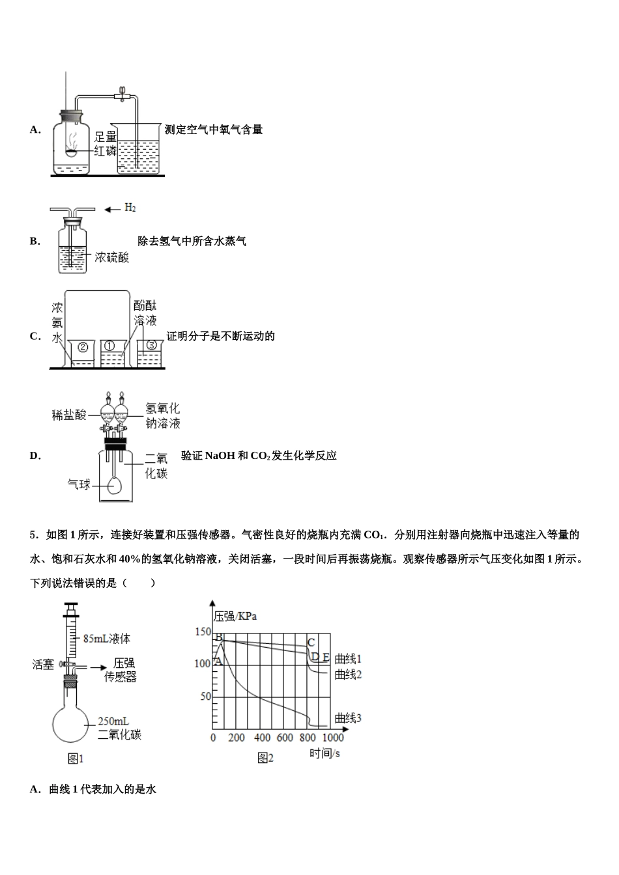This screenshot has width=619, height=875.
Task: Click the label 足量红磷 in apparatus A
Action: point(105,143)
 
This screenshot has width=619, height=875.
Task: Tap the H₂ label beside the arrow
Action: point(130,208)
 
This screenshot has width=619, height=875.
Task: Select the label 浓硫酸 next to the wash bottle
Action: point(112,257)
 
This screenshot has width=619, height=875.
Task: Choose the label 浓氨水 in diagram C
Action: point(57,322)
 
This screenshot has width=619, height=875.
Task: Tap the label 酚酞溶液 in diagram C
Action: point(145,312)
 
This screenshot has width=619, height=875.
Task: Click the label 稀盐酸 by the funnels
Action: point(69,415)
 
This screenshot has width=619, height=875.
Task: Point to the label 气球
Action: point(79,484)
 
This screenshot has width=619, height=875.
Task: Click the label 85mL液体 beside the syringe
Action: point(106,638)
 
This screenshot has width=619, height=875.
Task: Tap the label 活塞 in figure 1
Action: point(43,664)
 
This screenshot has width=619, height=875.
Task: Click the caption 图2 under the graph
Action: point(265,758)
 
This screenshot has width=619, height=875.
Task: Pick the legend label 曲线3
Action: point(348,718)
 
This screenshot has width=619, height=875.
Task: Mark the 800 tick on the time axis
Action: point(308,738)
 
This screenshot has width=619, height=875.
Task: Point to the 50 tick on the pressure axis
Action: point(206,697)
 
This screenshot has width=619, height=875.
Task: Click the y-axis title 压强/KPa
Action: point(235,615)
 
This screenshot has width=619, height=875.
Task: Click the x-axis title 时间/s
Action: point(325,753)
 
